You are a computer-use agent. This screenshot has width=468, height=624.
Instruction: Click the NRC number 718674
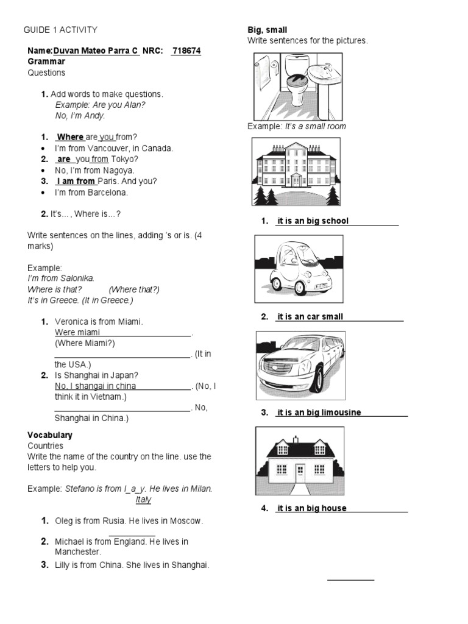pos(186,51)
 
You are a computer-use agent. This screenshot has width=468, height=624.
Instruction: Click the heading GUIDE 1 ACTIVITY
pos(60,30)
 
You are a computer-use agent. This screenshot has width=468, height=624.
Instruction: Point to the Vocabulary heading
pos(50,435)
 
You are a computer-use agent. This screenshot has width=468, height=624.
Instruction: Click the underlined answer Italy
pos(143,500)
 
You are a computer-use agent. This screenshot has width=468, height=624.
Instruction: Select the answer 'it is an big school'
pos(313,221)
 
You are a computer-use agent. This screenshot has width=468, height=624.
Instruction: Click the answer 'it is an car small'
pos(310,317)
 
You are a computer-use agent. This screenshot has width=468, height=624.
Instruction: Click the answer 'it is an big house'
pos(311,508)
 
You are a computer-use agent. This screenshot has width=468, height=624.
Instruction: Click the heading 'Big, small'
pos(267,30)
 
